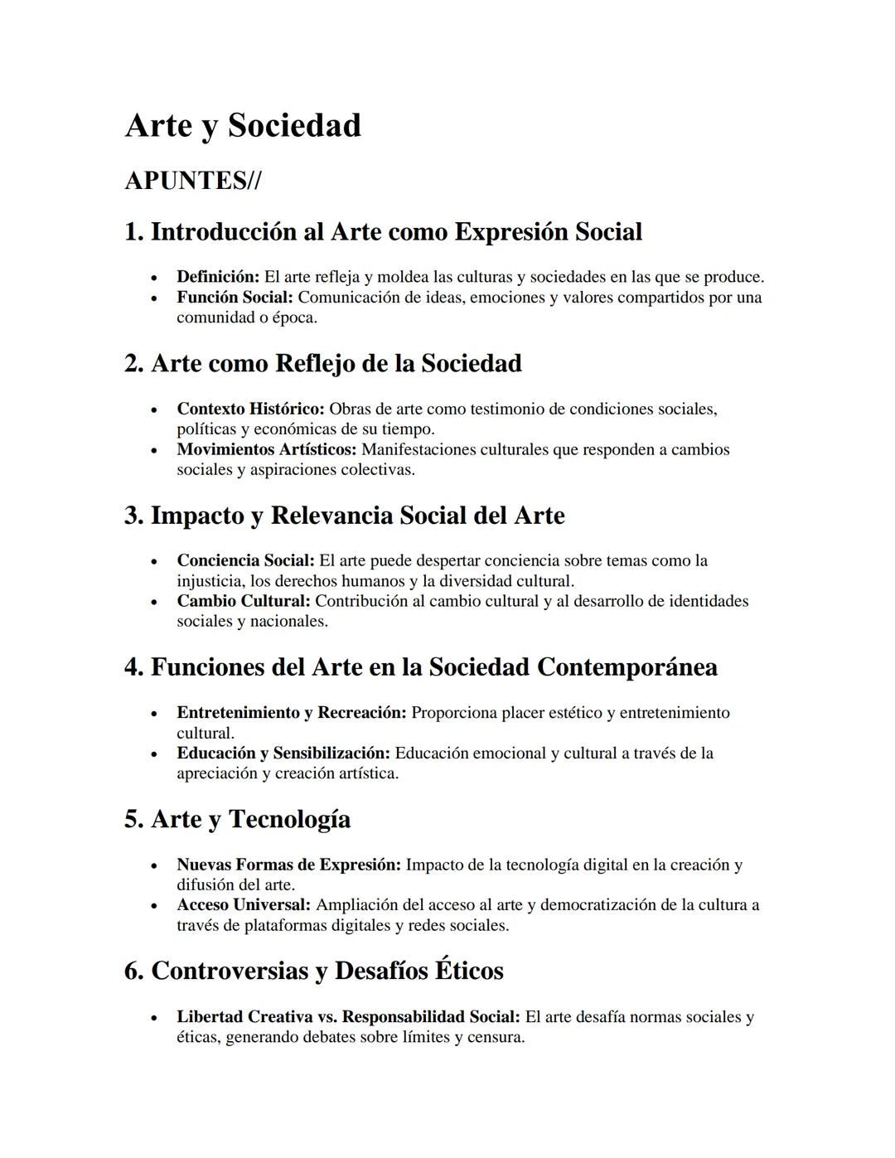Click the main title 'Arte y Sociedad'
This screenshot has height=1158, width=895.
[x=243, y=126]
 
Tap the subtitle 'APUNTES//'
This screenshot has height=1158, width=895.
[x=192, y=181]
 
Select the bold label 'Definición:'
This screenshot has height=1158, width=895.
[x=218, y=277]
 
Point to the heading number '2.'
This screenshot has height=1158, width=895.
[x=134, y=364]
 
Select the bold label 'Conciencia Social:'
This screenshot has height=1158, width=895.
[x=245, y=560]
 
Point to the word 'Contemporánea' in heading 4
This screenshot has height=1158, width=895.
[x=626, y=667]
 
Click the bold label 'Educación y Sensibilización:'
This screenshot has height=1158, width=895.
[x=283, y=753]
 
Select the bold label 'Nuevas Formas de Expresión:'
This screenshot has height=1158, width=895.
[x=288, y=865]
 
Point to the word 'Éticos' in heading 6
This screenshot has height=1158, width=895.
[x=469, y=971]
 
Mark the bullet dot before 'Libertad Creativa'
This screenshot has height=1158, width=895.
[x=154, y=1018]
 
